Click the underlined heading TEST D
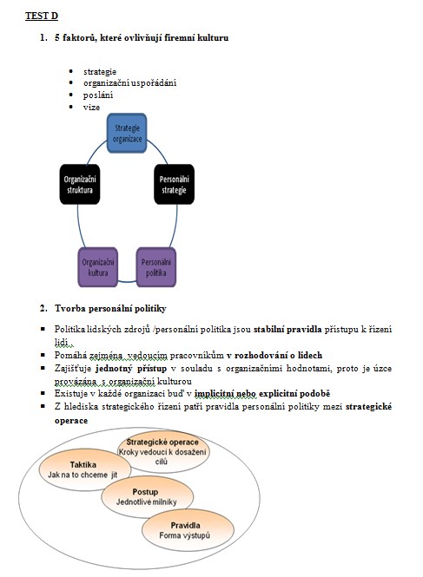pos(42,16)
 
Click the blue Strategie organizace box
pos(127,133)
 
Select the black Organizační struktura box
pos(80,184)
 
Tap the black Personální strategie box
pos(174,184)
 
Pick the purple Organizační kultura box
pos(97,267)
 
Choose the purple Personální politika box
pos(156,267)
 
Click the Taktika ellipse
pos(85,469)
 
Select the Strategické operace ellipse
pos(163,451)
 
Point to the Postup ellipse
pos(148,497)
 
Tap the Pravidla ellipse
pos(188,530)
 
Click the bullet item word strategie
pos(100,72)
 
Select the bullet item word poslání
pos(98,95)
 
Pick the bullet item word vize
pos(91,107)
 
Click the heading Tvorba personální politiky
pos(110,308)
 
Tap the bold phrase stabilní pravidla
pos(288,329)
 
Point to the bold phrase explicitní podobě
pos(294,393)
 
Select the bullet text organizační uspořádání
pos(129,83)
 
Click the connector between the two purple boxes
pos(127,282)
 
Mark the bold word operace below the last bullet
pos(71,421)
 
